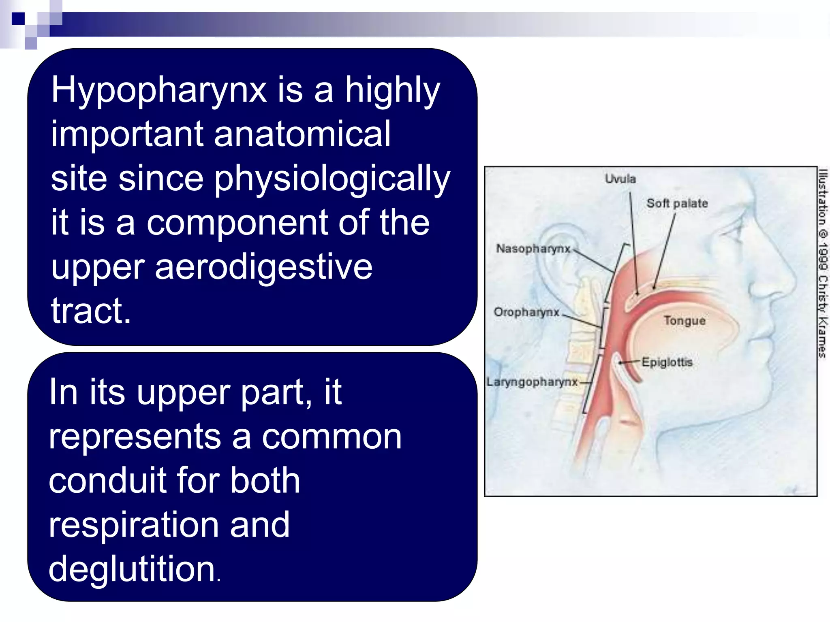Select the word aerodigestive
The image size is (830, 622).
(263, 267)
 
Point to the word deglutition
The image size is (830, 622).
(132, 569)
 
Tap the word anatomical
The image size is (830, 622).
(302, 134)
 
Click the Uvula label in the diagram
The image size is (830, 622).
(620, 179)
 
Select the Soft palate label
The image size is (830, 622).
(677, 203)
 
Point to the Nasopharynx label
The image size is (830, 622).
(533, 248)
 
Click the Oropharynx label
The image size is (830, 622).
(526, 312)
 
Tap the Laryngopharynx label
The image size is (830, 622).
(532, 382)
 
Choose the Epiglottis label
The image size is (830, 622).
(667, 362)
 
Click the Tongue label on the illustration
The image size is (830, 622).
(685, 321)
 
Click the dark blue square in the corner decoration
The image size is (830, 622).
(18, 19)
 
